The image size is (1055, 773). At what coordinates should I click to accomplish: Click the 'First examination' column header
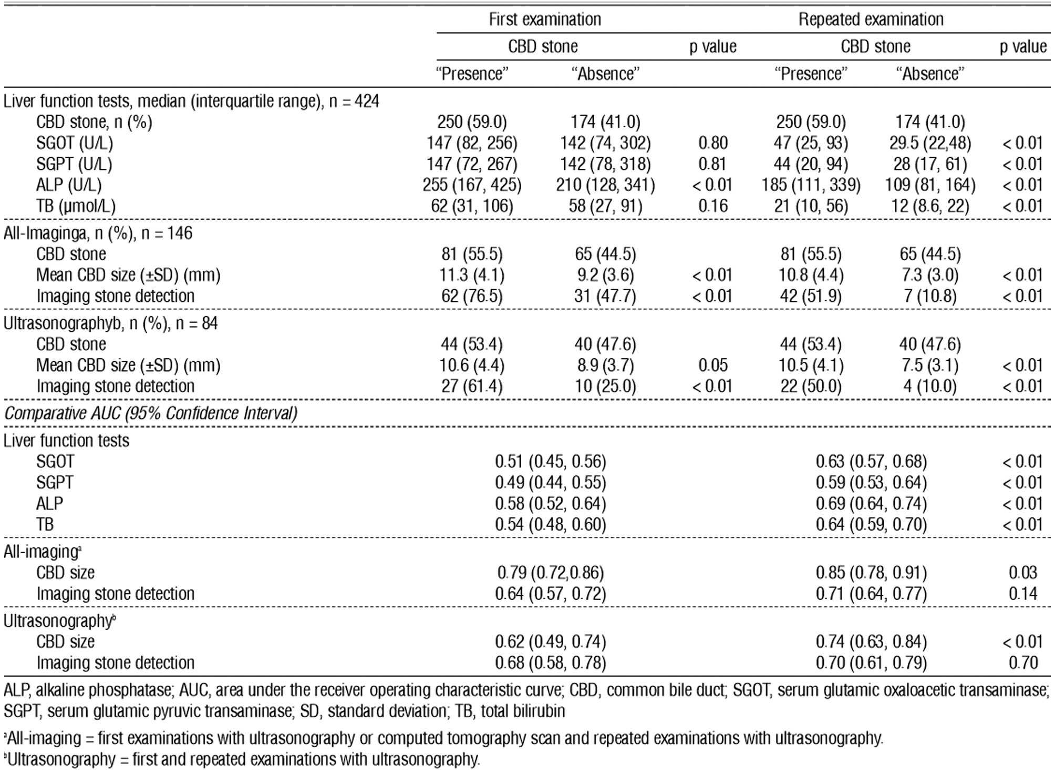click(x=545, y=19)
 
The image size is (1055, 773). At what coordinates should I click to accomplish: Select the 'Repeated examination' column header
click(x=871, y=19)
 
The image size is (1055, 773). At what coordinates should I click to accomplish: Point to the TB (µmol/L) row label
click(x=76, y=206)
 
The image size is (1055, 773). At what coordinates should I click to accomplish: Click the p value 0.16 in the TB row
click(x=712, y=206)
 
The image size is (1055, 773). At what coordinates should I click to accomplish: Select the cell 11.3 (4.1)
click(x=472, y=275)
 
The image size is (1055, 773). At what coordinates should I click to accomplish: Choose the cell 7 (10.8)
click(x=930, y=296)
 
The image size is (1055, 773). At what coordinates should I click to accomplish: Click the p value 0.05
click(x=712, y=365)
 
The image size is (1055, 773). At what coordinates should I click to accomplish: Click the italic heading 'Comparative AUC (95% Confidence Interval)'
click(x=150, y=413)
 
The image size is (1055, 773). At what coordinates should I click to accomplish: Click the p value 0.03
click(x=1022, y=572)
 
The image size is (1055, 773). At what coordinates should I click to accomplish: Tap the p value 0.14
click(x=1022, y=593)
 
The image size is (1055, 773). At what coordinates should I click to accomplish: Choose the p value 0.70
click(x=1022, y=663)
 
